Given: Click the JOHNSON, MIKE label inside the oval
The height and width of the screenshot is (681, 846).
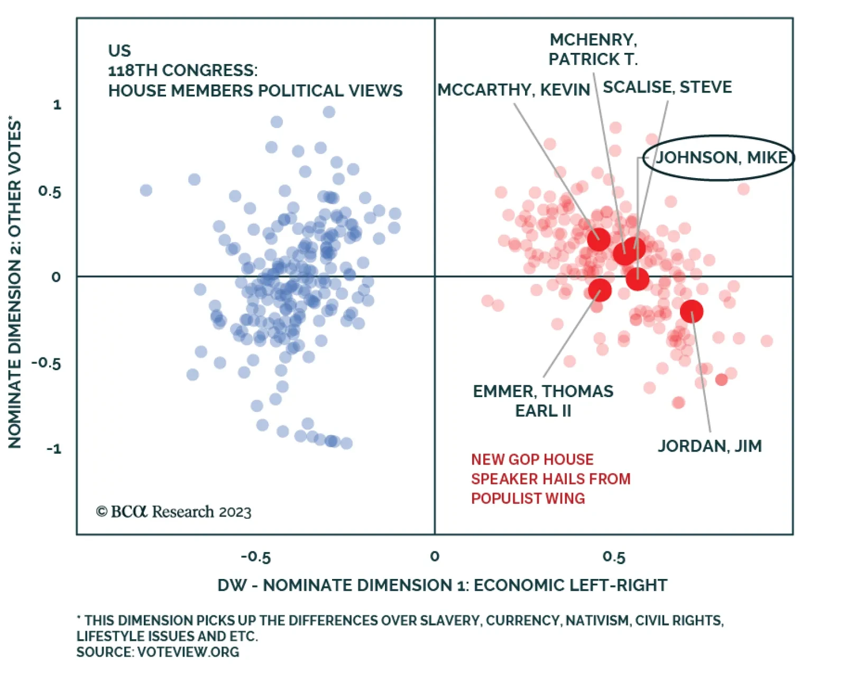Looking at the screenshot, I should (x=721, y=158).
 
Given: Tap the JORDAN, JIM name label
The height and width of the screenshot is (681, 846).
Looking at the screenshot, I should (x=710, y=446).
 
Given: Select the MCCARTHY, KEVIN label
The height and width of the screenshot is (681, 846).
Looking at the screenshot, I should (x=513, y=90).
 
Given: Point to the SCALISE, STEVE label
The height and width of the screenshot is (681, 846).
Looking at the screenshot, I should (x=667, y=87).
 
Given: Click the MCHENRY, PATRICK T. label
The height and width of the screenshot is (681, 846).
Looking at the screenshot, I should (x=593, y=50).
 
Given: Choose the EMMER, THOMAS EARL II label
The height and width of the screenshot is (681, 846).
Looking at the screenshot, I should (x=543, y=401).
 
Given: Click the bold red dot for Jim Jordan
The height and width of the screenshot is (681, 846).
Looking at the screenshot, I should (x=691, y=311).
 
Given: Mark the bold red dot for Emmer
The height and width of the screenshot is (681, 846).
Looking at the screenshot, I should (x=600, y=290).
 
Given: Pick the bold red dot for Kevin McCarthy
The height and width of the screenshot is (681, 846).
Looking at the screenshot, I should (x=599, y=240).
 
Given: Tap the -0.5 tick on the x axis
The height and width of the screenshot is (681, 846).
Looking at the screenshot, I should (x=256, y=557).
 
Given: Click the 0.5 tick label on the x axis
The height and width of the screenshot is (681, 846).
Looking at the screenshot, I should (x=614, y=557).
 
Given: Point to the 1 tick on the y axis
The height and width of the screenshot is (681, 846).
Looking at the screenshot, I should (x=57, y=105).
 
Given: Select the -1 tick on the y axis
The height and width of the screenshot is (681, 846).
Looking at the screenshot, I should (x=53, y=449).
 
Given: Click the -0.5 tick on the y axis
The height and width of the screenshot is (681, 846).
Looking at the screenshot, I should (x=47, y=363).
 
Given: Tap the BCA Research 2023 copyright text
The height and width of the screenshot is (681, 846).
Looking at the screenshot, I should (x=173, y=512).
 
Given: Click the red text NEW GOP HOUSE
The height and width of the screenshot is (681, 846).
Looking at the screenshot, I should (x=532, y=459).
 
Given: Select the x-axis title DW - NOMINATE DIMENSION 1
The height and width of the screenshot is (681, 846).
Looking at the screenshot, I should (x=442, y=585).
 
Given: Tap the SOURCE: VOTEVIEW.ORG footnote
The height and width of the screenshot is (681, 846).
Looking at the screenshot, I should (x=158, y=652).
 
